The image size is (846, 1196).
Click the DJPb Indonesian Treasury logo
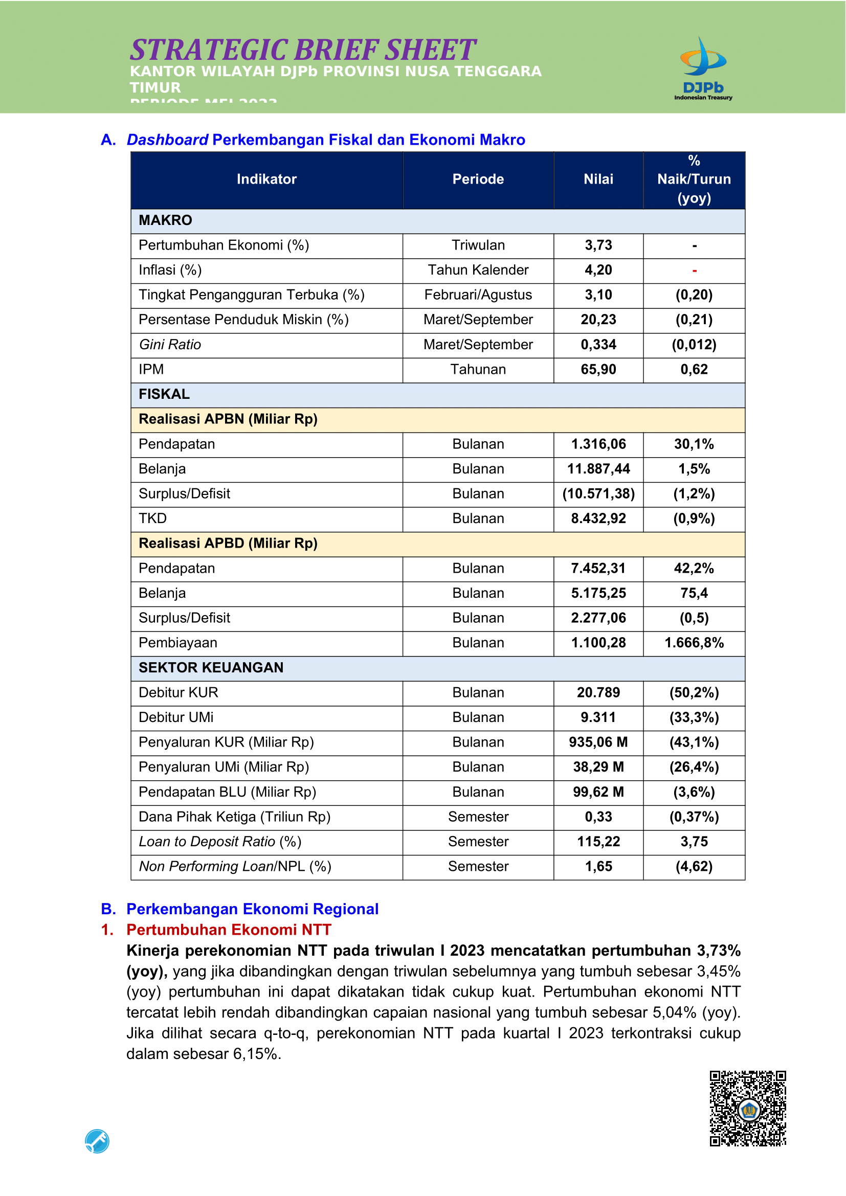click(703, 69)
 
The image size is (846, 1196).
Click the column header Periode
click(478, 179)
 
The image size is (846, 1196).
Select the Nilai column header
click(598, 179)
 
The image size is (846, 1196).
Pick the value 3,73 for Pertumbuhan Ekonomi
click(598, 245)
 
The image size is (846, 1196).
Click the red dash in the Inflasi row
click(694, 270)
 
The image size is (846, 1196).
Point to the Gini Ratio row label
click(170, 345)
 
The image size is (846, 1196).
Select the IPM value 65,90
click(598, 370)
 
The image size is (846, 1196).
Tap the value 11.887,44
click(598, 469)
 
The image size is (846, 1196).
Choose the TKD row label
click(152, 519)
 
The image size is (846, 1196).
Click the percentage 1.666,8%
click(694, 643)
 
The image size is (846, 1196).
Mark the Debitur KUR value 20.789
click(598, 693)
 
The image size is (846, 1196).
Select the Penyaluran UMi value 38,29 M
click(598, 768)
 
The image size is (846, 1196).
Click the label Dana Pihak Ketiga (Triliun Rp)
click(234, 817)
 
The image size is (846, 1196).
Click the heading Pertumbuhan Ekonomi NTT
click(229, 930)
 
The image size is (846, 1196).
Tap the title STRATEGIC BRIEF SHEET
click(302, 50)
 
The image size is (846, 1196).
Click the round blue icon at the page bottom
click(97, 1141)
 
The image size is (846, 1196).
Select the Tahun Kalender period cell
click(478, 270)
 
